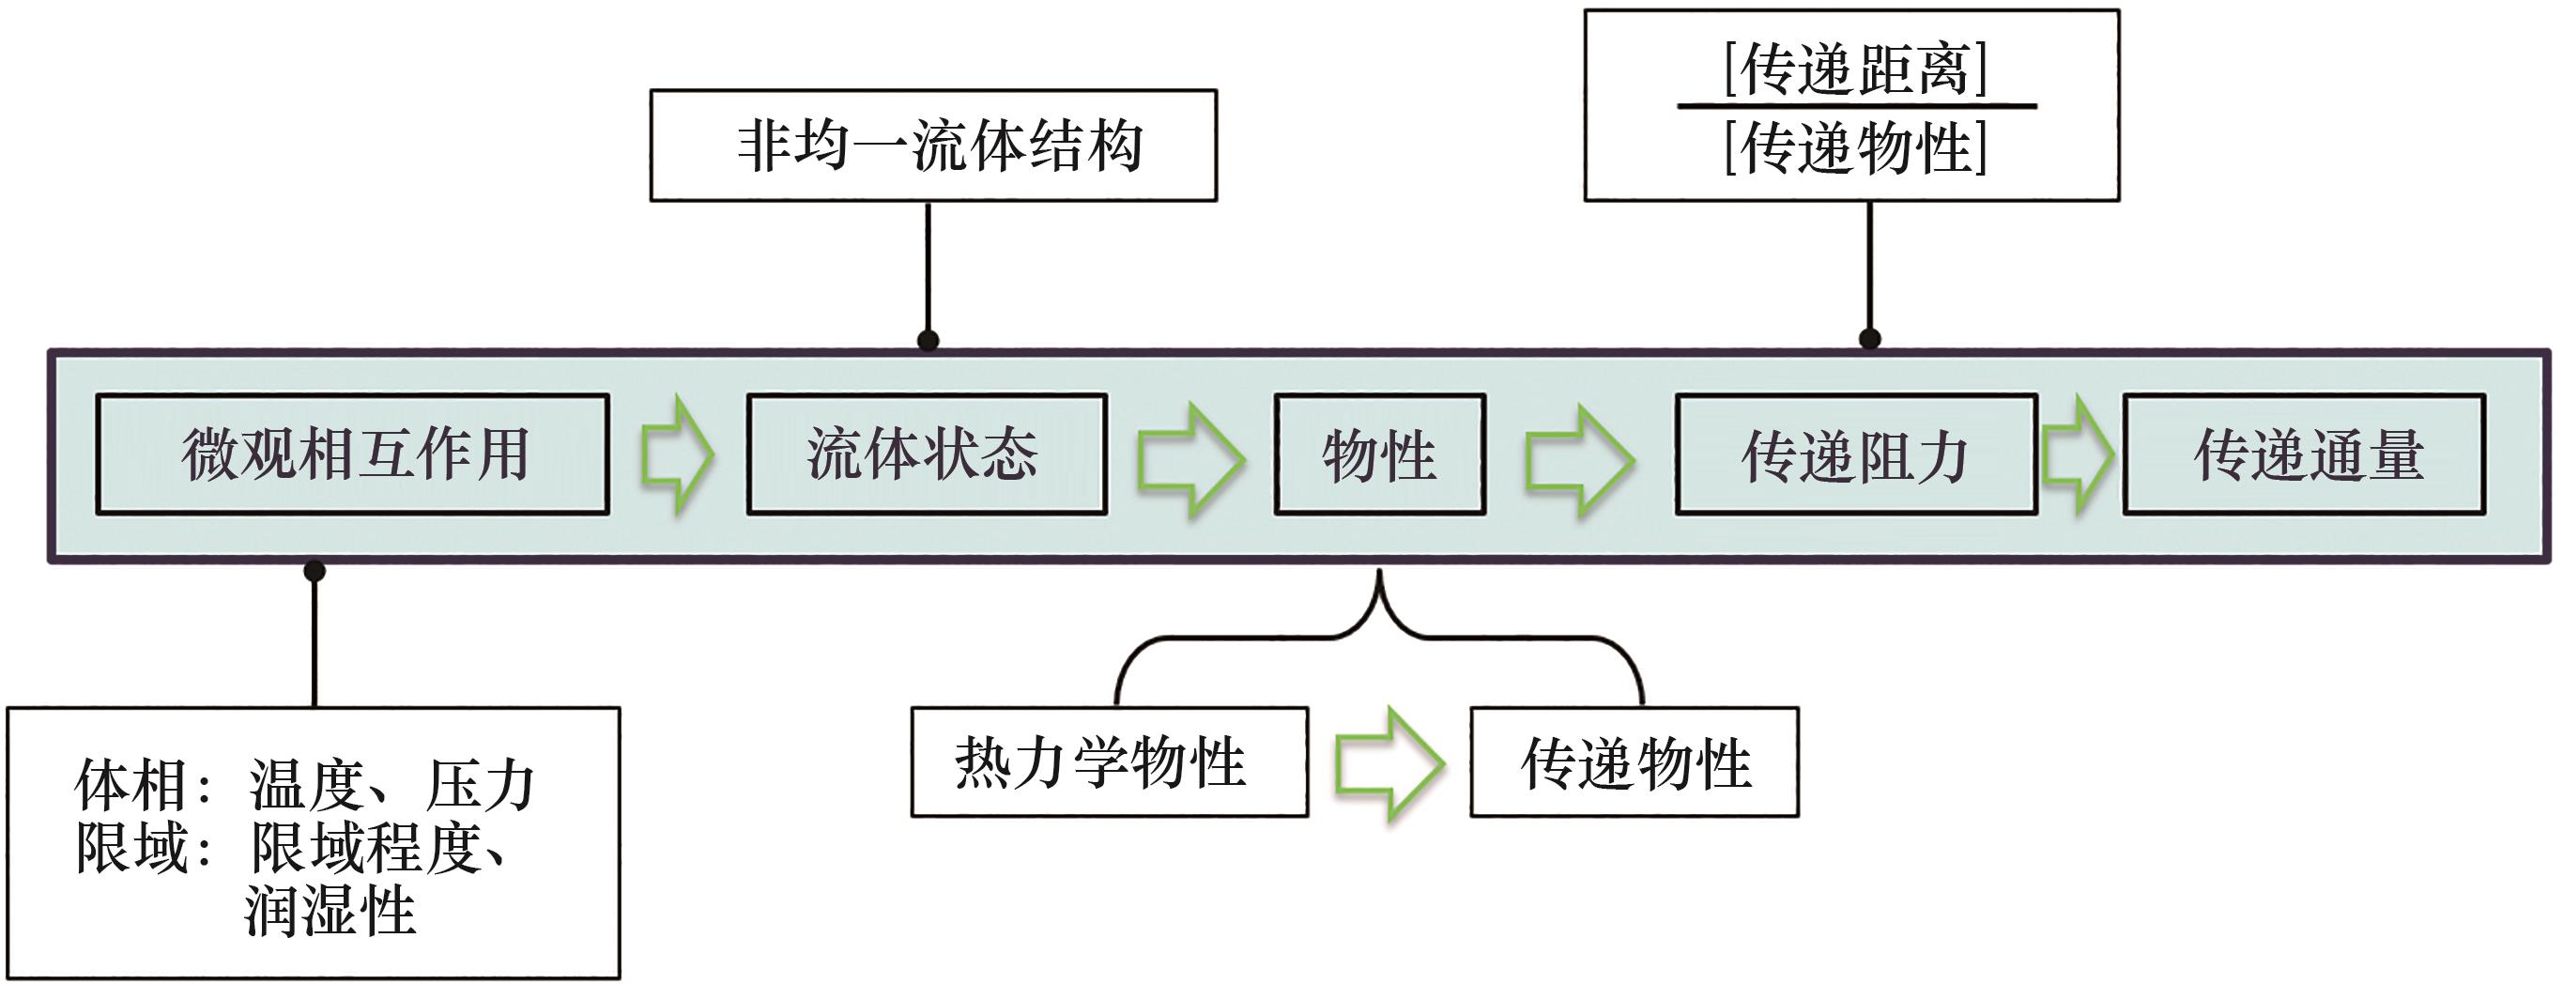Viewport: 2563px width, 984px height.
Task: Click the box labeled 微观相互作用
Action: [x=352, y=454]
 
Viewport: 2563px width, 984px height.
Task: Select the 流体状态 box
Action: [x=927, y=454]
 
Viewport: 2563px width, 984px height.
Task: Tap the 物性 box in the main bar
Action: [x=1380, y=454]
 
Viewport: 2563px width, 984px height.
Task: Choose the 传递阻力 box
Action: [x=1855, y=454]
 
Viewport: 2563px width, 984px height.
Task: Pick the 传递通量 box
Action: [x=2303, y=454]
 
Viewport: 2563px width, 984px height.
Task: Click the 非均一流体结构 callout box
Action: [x=933, y=146]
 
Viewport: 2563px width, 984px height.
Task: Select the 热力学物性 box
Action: [x=1110, y=762]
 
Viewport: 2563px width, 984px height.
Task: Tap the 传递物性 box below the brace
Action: [x=1634, y=762]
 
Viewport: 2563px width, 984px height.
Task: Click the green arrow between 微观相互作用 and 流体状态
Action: [x=678, y=454]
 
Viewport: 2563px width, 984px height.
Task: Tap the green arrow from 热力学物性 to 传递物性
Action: [x=1389, y=764]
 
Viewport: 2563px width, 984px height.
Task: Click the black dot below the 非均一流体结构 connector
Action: [x=929, y=340]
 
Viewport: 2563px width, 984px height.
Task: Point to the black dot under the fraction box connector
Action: [x=1869, y=338]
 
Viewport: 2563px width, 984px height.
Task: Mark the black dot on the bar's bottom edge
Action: [x=315, y=571]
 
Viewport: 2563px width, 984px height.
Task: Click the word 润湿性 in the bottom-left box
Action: [x=330, y=911]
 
